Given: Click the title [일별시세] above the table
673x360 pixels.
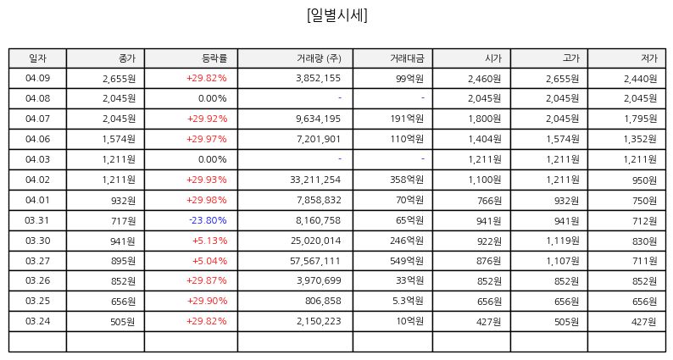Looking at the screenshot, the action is (337, 15).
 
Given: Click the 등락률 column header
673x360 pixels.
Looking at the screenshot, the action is (214, 58).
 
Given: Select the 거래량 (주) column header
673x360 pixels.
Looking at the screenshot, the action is (319, 58).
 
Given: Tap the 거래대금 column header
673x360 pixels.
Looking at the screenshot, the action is (407, 58).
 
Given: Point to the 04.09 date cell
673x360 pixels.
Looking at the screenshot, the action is (38, 78).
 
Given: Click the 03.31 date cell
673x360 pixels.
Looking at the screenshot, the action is (37, 220).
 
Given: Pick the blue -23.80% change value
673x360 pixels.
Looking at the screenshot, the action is (208, 220).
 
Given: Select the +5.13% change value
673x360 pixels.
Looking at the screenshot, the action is (210, 241).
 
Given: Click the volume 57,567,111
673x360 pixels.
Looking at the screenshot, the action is (315, 261).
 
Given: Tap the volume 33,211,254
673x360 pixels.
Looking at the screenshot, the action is (315, 180).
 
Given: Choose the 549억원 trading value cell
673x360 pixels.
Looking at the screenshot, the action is (407, 261).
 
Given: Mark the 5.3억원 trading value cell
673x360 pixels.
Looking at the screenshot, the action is (408, 301).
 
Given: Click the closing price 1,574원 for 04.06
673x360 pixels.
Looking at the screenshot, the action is (119, 139).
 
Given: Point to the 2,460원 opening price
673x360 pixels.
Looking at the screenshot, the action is (485, 79).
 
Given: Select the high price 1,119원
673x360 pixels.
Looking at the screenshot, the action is (563, 241).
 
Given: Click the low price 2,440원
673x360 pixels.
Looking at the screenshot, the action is (641, 79).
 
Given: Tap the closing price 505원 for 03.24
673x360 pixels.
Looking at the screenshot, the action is (123, 321).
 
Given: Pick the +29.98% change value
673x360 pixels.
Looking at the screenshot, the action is (207, 200).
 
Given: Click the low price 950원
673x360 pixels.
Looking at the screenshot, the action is (644, 180).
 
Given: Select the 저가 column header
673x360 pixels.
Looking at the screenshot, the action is (649, 58).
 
